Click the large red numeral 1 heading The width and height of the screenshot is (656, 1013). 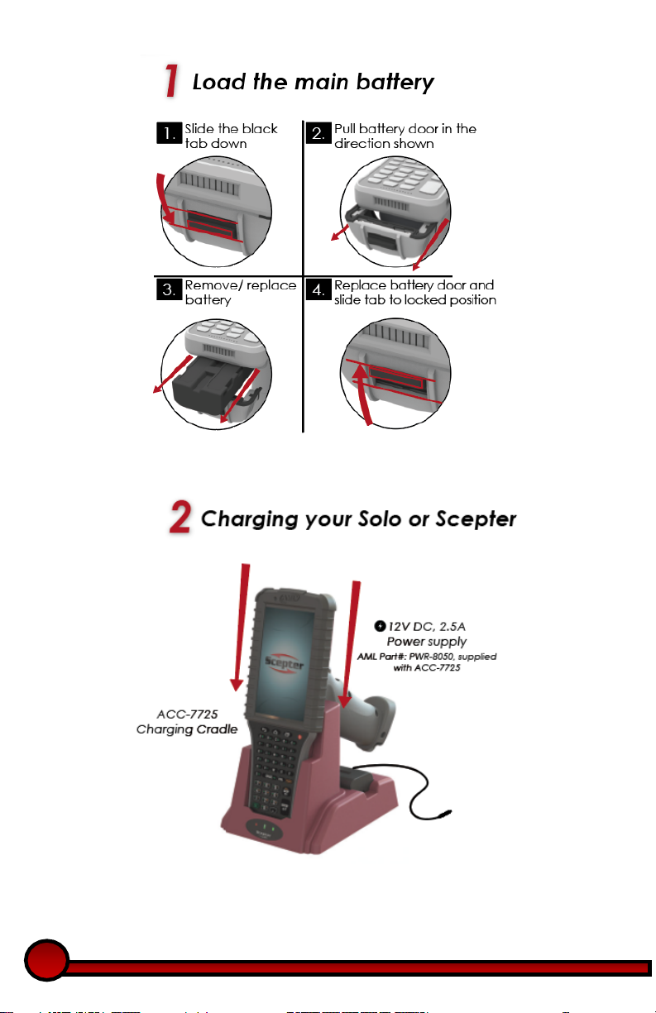171,80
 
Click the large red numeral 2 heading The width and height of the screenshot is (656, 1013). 180,517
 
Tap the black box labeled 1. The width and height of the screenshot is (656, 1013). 170,133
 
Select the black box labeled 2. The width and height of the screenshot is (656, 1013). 318,133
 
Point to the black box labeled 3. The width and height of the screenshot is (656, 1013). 170,289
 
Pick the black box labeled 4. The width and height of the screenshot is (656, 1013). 318,289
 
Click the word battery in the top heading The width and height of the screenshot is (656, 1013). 395,83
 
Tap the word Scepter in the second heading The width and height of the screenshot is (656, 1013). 476,518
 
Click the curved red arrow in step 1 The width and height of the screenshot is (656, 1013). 164,199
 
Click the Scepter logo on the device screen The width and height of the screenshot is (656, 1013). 284,663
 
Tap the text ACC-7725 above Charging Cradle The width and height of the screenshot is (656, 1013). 187,714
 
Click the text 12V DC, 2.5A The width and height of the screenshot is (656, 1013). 427,626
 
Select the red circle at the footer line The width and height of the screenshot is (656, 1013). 46,959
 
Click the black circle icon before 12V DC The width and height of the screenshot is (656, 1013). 380,626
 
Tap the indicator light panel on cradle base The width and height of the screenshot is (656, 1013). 265,829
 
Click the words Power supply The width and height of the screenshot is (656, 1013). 427,642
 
